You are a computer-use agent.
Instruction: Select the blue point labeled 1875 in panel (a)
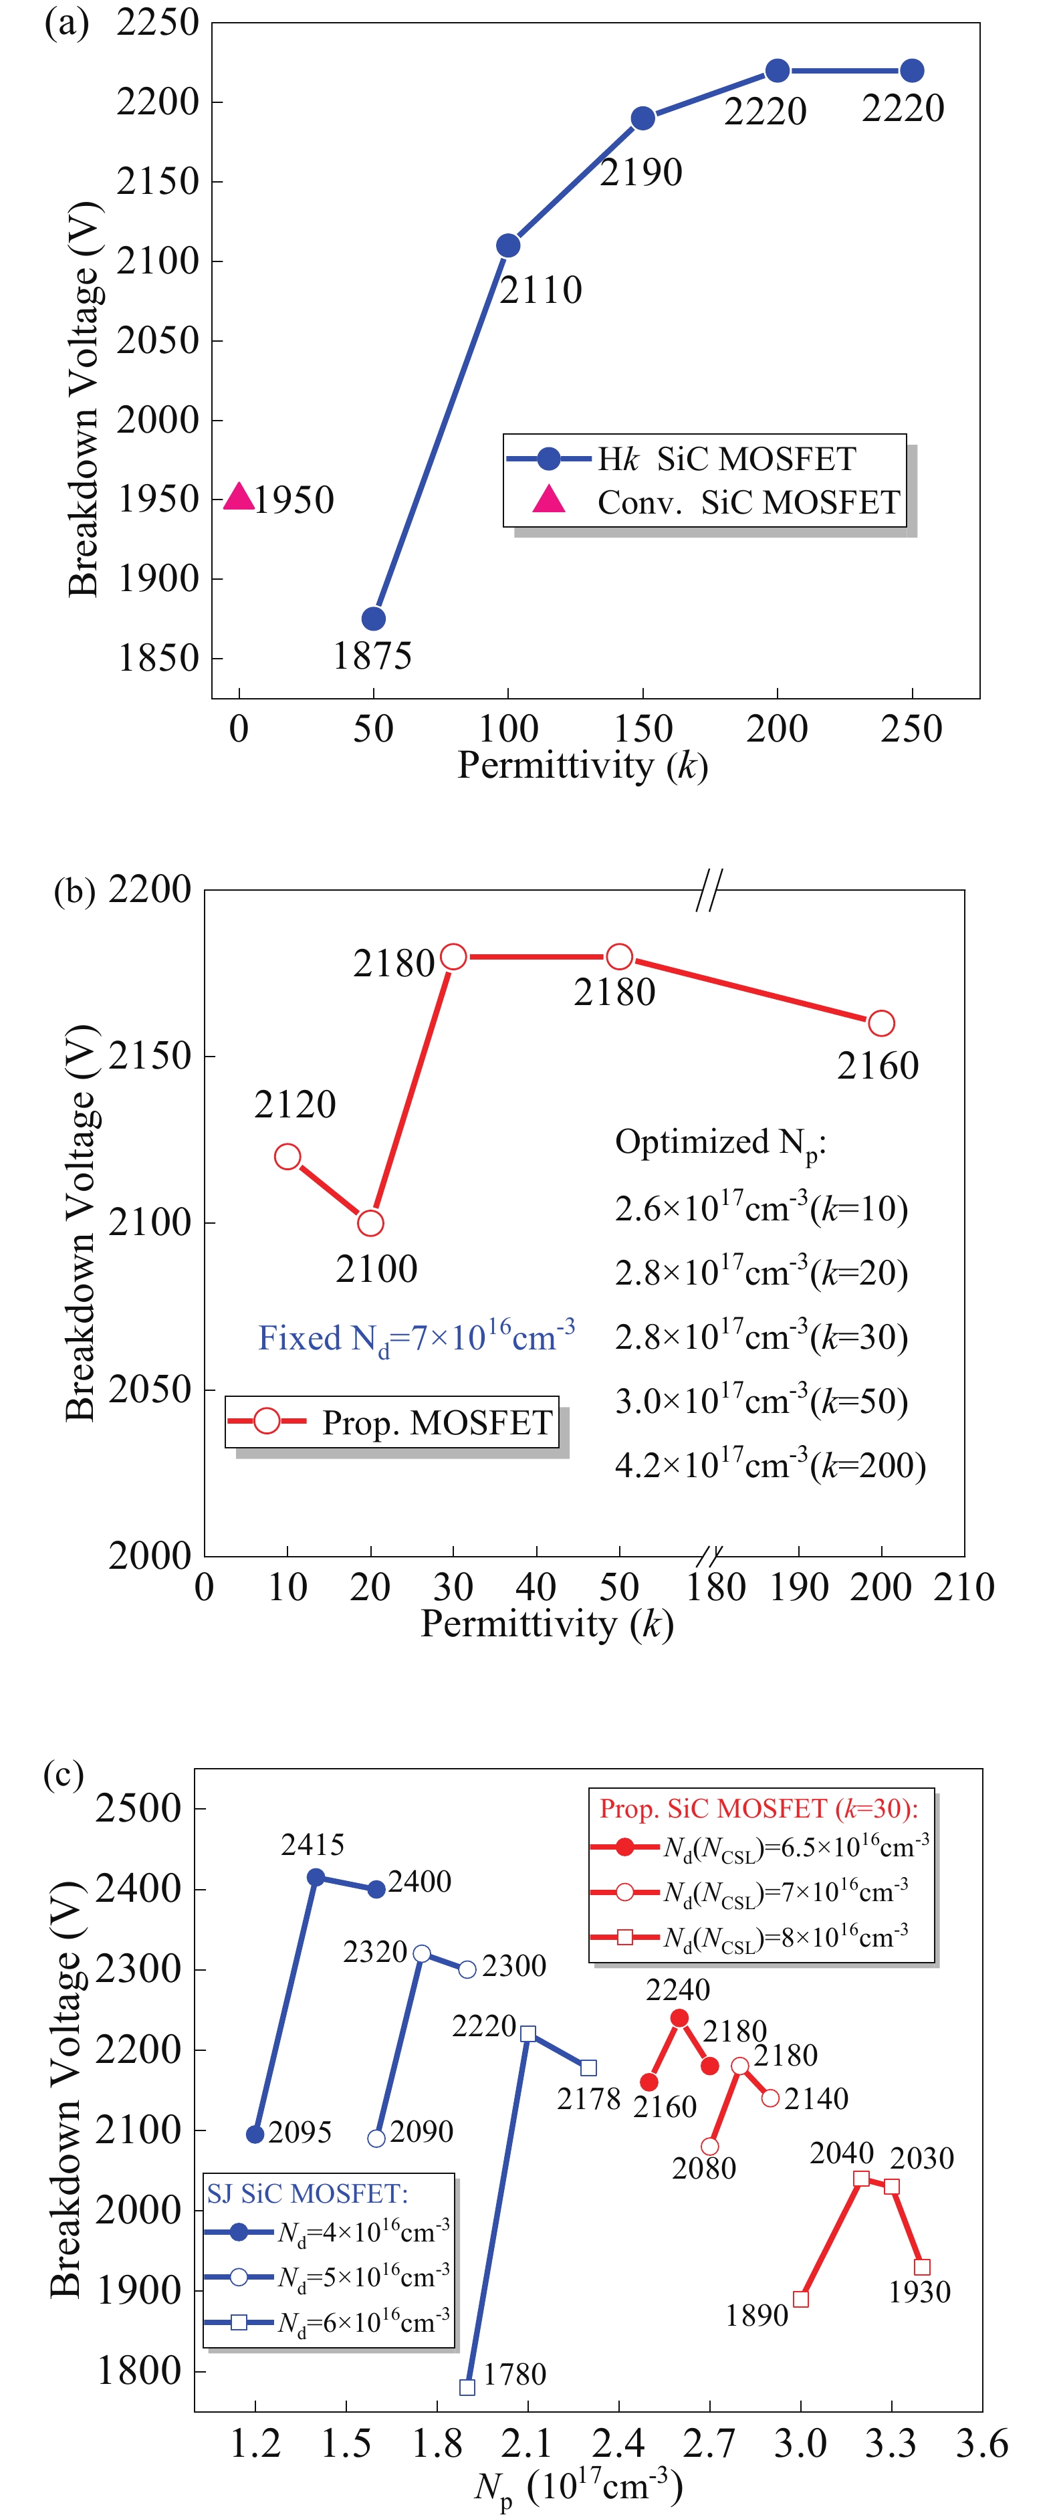[373, 619]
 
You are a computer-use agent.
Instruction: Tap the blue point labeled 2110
[508, 245]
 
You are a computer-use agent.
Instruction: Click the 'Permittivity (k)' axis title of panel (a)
[582, 765]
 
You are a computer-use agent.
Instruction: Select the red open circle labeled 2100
[370, 1222]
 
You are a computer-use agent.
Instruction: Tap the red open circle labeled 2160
[881, 1023]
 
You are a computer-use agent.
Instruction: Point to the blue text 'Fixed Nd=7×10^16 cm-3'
[416, 1337]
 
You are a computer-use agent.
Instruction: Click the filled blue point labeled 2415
[316, 1877]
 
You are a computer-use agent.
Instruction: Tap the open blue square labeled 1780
[467, 2387]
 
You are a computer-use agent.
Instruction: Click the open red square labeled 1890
[801, 2298]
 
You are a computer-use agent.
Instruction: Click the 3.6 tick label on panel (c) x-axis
[981, 2443]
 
